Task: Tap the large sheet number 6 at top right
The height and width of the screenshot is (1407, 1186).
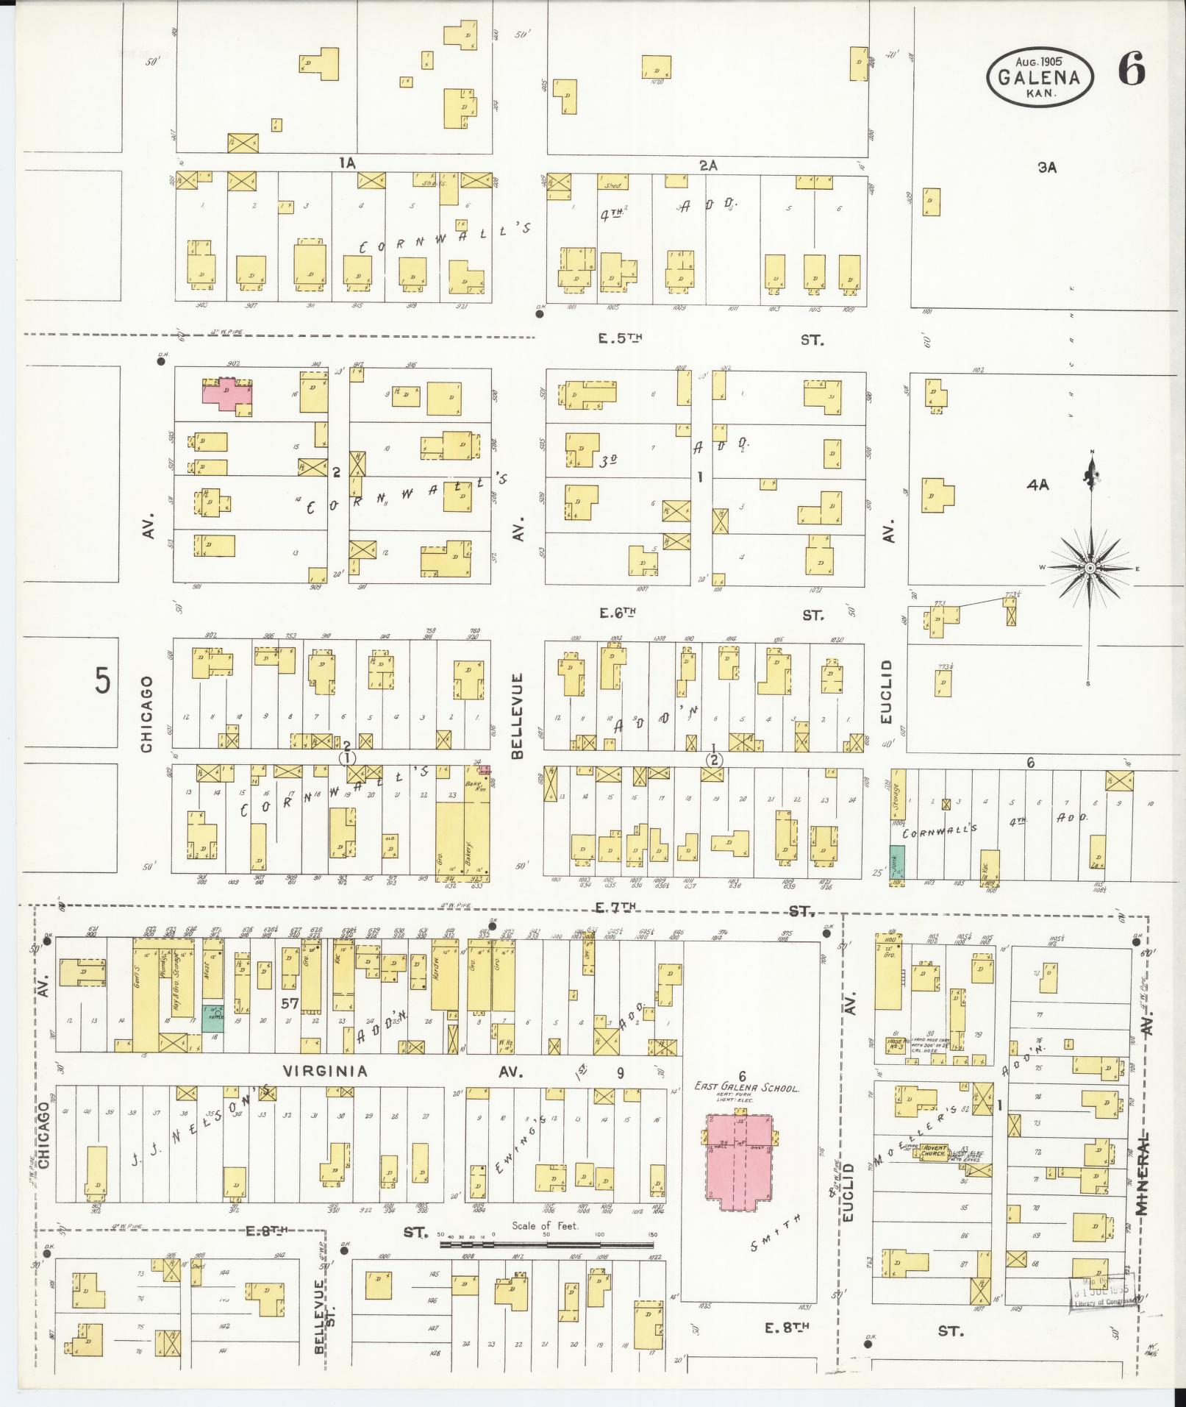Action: tap(1131, 71)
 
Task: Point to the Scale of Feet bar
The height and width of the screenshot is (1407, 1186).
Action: tap(546, 1244)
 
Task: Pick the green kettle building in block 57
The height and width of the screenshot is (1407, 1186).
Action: tap(212, 1016)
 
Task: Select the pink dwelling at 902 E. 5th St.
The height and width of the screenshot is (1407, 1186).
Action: tap(228, 395)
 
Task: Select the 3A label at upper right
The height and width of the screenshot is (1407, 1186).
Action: tap(1047, 167)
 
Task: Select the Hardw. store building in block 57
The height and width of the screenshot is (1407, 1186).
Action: tap(444, 975)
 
